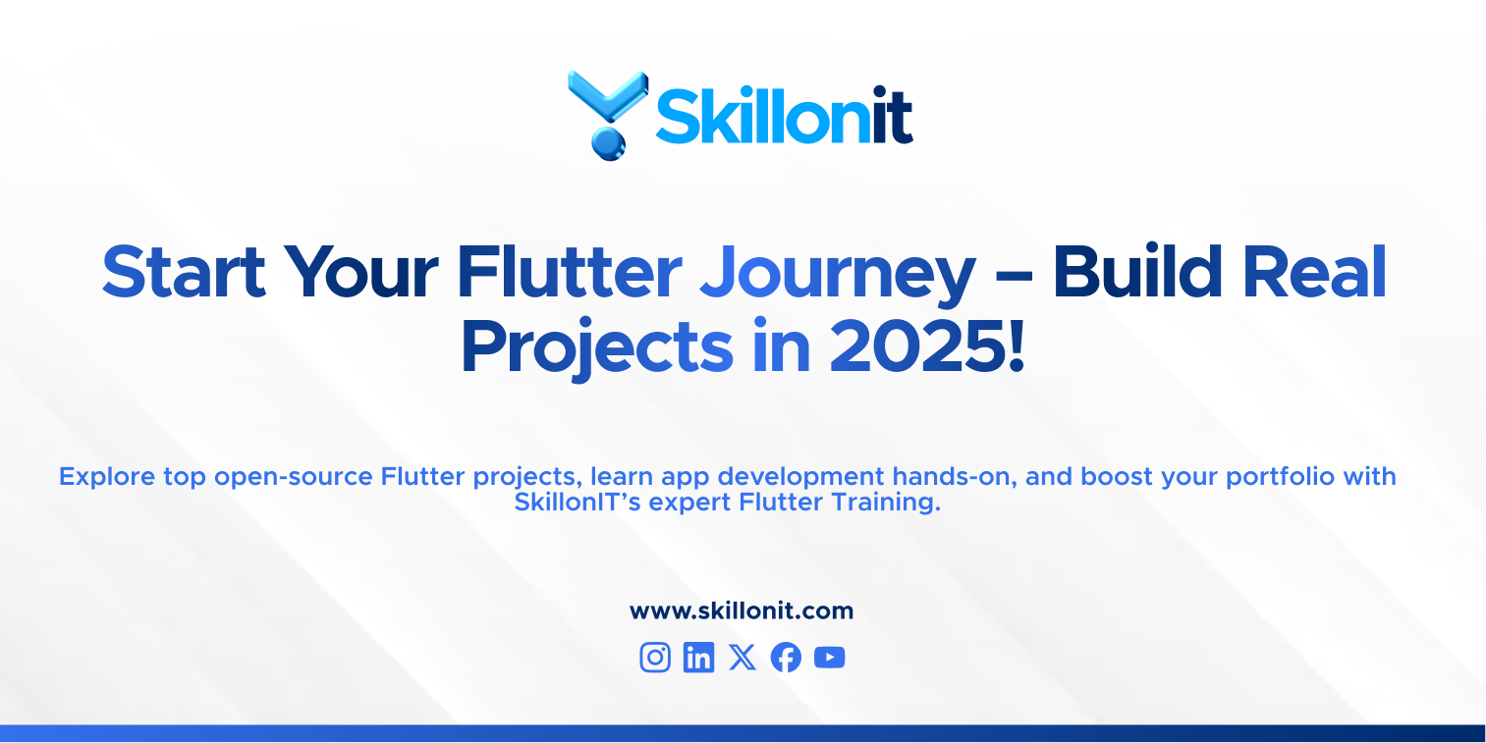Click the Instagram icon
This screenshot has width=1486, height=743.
[x=655, y=658]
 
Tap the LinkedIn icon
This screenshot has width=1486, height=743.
[x=698, y=658]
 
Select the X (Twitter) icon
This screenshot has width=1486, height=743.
[x=743, y=658]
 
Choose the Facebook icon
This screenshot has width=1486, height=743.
[x=786, y=658]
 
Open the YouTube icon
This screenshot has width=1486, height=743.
[x=830, y=658]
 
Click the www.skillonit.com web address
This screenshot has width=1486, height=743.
[x=742, y=611]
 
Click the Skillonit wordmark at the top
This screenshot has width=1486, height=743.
[x=784, y=117]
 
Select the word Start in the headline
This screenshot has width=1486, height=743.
[x=184, y=272]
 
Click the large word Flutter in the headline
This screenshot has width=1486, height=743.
[x=570, y=272]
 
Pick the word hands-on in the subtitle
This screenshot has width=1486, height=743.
[x=948, y=477]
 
